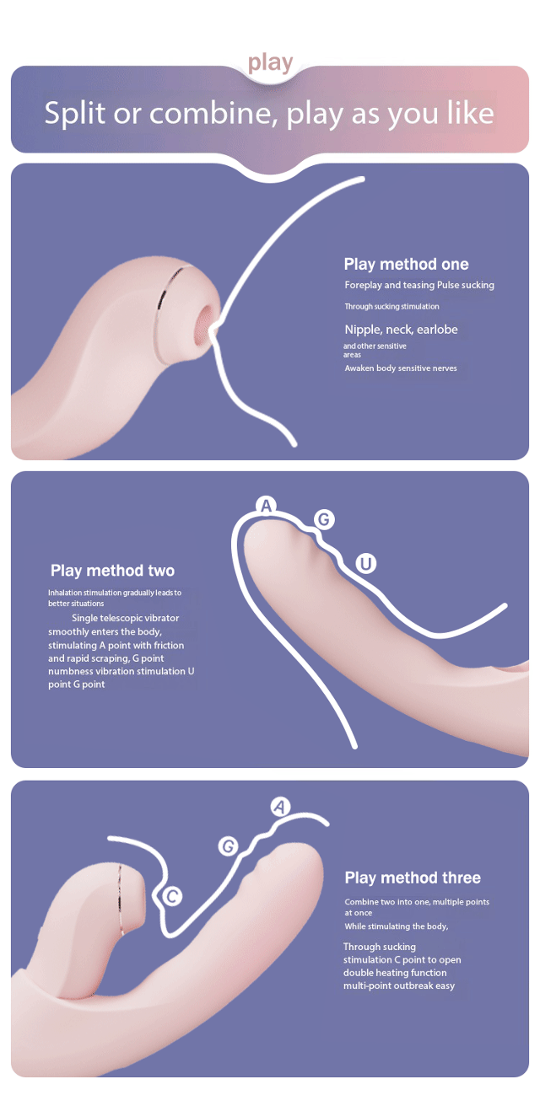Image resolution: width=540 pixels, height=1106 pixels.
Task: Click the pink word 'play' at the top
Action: pyautogui.click(x=270, y=63)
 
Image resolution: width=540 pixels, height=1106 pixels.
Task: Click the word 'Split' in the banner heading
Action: pyautogui.click(x=75, y=114)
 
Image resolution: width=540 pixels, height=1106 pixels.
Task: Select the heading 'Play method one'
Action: pyautogui.click(x=406, y=264)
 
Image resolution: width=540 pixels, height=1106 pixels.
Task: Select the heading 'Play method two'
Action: pyautogui.click(x=113, y=571)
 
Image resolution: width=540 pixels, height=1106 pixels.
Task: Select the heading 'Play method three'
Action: pyautogui.click(x=413, y=878)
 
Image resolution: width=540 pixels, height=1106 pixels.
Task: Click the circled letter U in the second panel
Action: pyautogui.click(x=365, y=563)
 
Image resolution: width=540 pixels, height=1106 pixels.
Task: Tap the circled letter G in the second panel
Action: pyautogui.click(x=324, y=519)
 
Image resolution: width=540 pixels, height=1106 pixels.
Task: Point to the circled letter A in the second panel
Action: pyautogui.click(x=266, y=506)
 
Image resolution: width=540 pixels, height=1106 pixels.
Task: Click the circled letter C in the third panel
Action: pyautogui.click(x=172, y=896)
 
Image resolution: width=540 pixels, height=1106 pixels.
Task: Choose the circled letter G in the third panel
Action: pyautogui.click(x=229, y=846)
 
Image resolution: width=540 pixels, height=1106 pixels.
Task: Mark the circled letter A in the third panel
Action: pyautogui.click(x=280, y=808)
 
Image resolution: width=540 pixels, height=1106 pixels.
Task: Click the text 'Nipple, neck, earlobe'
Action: pyautogui.click(x=401, y=330)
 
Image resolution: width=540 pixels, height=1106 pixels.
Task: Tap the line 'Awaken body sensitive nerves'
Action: pyautogui.click(x=401, y=368)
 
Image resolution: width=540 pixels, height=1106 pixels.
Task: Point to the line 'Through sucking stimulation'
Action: pyautogui.click(x=391, y=306)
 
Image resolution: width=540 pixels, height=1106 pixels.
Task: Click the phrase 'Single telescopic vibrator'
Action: pyautogui.click(x=126, y=618)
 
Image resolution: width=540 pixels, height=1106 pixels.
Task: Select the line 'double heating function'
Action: pyautogui.click(x=395, y=972)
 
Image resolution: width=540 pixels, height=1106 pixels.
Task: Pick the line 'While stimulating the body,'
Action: pyautogui.click(x=397, y=926)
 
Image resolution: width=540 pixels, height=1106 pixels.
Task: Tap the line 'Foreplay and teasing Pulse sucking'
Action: pyautogui.click(x=419, y=285)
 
